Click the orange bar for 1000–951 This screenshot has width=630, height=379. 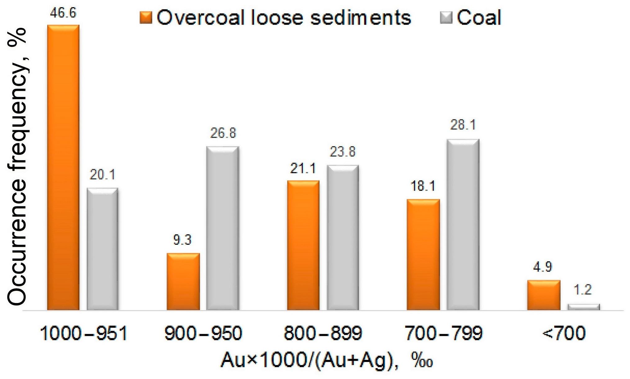tap(63, 167)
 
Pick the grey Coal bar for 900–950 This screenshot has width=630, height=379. tap(223, 228)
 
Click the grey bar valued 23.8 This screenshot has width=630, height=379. tap(343, 238)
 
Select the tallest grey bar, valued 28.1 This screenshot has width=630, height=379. tap(463, 225)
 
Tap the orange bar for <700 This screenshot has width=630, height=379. tap(544, 295)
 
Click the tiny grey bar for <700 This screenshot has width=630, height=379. tap(583, 307)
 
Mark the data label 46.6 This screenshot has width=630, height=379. tap(63, 13)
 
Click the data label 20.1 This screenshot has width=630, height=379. tap(102, 175)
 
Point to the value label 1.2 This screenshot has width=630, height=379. tap(583, 290)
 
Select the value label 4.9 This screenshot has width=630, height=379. tap(543, 267)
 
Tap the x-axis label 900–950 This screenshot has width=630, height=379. tap(203, 334)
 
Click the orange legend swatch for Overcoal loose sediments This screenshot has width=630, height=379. tap(146, 17)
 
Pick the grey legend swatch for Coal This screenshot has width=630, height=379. tap(446, 17)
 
